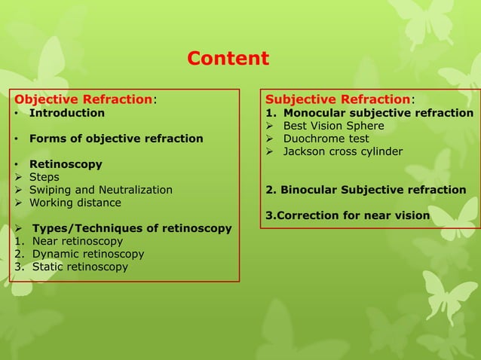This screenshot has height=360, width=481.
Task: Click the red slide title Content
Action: click(x=228, y=59)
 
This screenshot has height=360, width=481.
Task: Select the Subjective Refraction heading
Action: click(x=338, y=99)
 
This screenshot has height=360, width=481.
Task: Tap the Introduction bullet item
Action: click(x=66, y=113)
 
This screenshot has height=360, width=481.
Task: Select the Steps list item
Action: click(x=44, y=177)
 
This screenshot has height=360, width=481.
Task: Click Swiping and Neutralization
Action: click(x=100, y=190)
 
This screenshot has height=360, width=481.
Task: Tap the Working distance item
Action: click(x=75, y=203)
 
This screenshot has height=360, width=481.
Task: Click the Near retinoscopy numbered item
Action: click(x=77, y=241)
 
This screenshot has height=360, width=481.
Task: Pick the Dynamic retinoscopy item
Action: click(x=87, y=254)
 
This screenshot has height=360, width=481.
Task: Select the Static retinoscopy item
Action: click(x=80, y=267)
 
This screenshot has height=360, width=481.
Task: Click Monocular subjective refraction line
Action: click(x=378, y=113)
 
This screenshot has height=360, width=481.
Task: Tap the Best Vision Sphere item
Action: click(x=333, y=126)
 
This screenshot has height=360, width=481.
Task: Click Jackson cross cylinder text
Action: click(x=342, y=151)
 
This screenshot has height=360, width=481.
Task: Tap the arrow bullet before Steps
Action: click(x=20, y=177)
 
